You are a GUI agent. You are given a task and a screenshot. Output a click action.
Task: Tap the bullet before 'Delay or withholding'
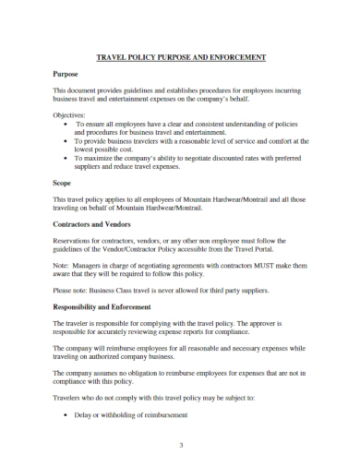[x=64, y=414]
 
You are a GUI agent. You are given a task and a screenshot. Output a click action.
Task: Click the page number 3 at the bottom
[x=182, y=445]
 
